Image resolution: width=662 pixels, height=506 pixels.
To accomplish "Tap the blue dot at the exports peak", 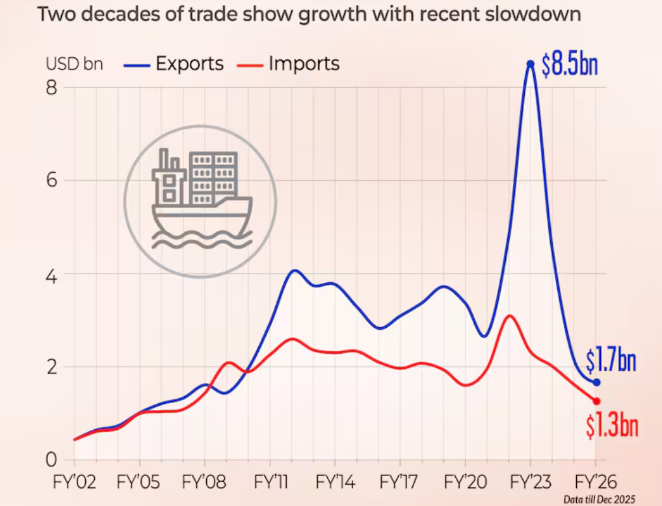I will coord(531,64).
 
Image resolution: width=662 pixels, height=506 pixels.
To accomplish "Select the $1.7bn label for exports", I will coord(611,360).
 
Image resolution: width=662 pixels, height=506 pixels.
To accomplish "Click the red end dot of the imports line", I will coord(596,401).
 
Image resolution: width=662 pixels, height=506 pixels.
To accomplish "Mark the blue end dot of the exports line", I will coord(596,382).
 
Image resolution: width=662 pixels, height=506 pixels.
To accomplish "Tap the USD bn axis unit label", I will coord(74,64).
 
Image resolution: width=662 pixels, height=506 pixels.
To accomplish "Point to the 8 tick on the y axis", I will coord(51,88).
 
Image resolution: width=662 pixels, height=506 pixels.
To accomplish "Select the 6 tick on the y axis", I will coord(51,181).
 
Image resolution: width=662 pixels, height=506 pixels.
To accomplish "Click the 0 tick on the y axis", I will coord(51,459).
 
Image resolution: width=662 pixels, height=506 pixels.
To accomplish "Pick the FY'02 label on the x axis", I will coord(74,483).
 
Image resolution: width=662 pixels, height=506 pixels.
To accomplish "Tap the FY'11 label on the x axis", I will coord(270,483).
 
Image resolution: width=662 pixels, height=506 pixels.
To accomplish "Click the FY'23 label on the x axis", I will coord(531,483).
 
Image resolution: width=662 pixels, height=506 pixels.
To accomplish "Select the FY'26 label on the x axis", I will coord(596,483).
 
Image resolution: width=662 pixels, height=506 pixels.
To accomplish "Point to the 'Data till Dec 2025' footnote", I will coord(599,499).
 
